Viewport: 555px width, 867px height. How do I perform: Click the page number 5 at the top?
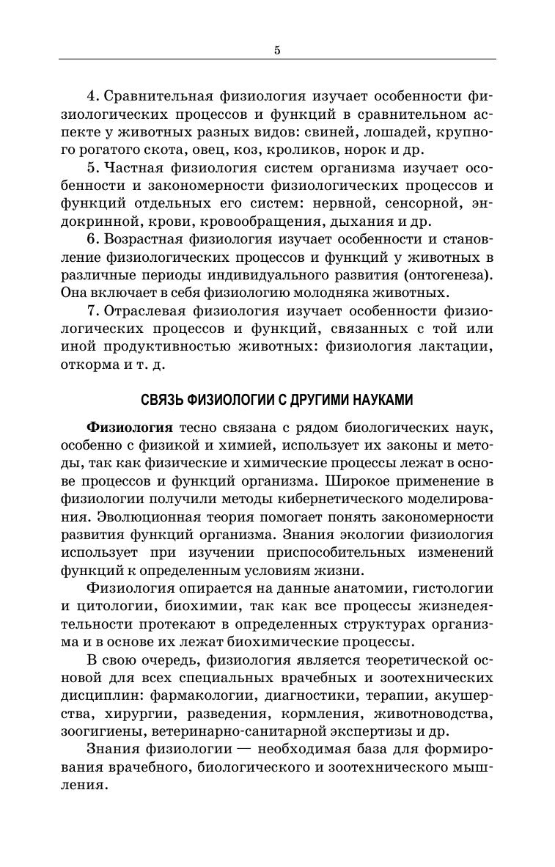[x=277, y=50]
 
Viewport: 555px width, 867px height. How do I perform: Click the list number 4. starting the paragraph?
[x=92, y=96]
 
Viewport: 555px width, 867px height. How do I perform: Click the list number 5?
[x=92, y=168]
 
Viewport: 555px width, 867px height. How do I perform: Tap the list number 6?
[x=92, y=240]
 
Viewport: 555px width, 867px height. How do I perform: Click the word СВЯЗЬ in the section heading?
[x=161, y=400]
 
